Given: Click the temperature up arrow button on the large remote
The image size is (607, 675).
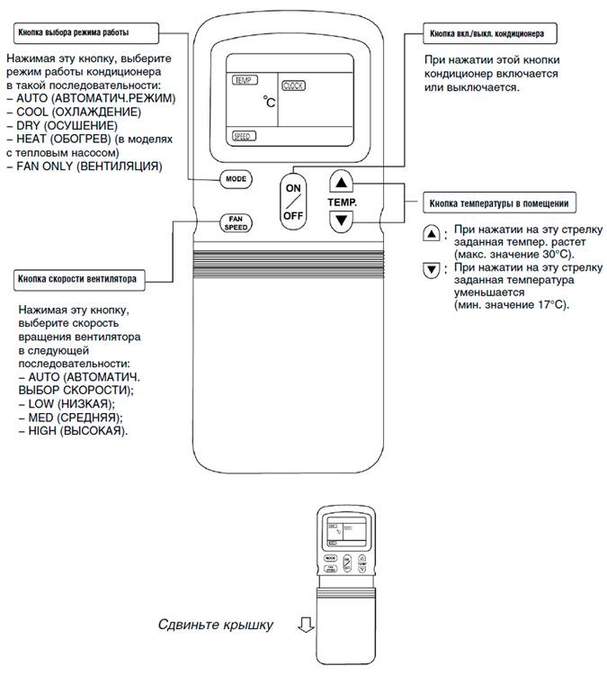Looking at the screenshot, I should [x=338, y=181].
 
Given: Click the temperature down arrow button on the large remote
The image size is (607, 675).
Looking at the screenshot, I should [x=338, y=222].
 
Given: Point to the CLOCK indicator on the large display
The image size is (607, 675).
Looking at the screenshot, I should [x=295, y=85].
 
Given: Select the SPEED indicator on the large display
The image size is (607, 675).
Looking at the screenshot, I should [x=243, y=137].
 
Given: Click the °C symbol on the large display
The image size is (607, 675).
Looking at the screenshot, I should [x=270, y=103].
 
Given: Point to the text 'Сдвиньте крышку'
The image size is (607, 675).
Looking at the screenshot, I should [x=215, y=624].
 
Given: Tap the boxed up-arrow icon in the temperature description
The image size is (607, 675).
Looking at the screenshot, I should [x=433, y=233].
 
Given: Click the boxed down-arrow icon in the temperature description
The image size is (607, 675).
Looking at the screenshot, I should [x=433, y=270].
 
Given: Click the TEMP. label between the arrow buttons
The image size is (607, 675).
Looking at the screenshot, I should [x=342, y=202].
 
